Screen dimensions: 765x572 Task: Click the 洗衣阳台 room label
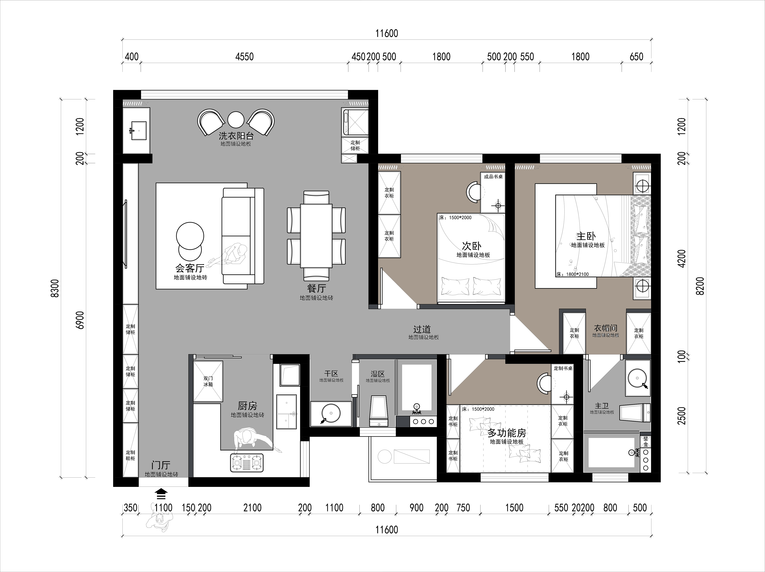[x=236, y=135]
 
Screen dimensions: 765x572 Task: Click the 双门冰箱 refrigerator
[x=208, y=381]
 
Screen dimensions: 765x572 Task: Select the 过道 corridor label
[x=422, y=329]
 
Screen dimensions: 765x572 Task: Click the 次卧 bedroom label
[x=472, y=246]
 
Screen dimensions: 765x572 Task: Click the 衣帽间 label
[x=606, y=328]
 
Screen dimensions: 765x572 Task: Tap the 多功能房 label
[x=507, y=433]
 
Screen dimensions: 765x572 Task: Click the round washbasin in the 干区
[x=331, y=413]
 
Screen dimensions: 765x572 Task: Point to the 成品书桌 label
[x=493, y=177]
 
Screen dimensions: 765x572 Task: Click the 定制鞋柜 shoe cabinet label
[x=130, y=455]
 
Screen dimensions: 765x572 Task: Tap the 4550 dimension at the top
[x=245, y=57]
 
